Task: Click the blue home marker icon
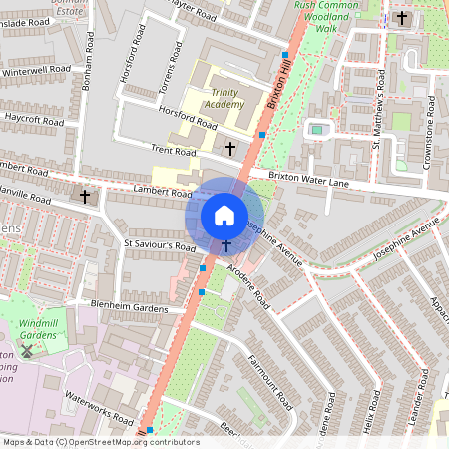tap(224, 215)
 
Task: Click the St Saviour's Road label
tap(160, 244)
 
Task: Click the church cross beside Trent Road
tap(230, 149)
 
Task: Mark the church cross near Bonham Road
tap(85, 198)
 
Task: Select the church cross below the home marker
tap(226, 245)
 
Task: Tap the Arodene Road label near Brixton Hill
tap(247, 283)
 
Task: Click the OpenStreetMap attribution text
tap(100, 442)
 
